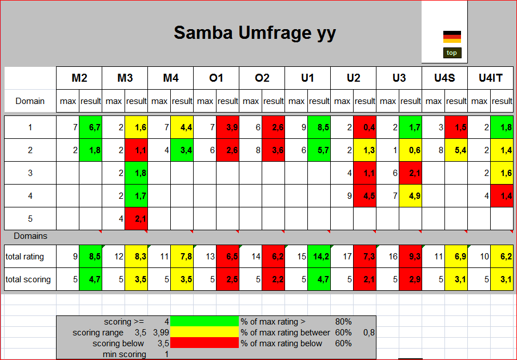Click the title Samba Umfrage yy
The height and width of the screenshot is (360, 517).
[x=254, y=33]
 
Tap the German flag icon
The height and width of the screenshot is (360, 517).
[x=452, y=37]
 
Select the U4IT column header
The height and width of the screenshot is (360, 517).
[x=490, y=78]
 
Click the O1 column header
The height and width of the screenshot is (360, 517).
[x=216, y=78]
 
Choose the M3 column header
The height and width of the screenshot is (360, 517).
[x=125, y=78]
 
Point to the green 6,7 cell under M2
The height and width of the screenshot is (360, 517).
[x=90, y=127]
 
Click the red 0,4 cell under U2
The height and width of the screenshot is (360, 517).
[x=364, y=127]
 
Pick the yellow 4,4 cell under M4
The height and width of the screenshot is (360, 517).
[x=182, y=127]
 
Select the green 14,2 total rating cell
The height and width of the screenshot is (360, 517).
[x=319, y=257]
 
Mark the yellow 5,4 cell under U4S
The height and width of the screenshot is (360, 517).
[x=456, y=150]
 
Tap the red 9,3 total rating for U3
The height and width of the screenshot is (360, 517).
[x=410, y=257]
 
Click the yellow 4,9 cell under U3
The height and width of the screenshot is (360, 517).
[x=410, y=196]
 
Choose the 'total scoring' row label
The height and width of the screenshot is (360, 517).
[x=28, y=279]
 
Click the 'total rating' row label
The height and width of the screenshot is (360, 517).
[x=25, y=257]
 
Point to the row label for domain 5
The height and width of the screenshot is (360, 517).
[x=30, y=219]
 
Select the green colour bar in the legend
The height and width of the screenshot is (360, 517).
[x=205, y=322]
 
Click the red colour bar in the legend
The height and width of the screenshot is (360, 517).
[x=205, y=343]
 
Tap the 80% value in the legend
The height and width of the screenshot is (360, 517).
[x=343, y=322]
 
